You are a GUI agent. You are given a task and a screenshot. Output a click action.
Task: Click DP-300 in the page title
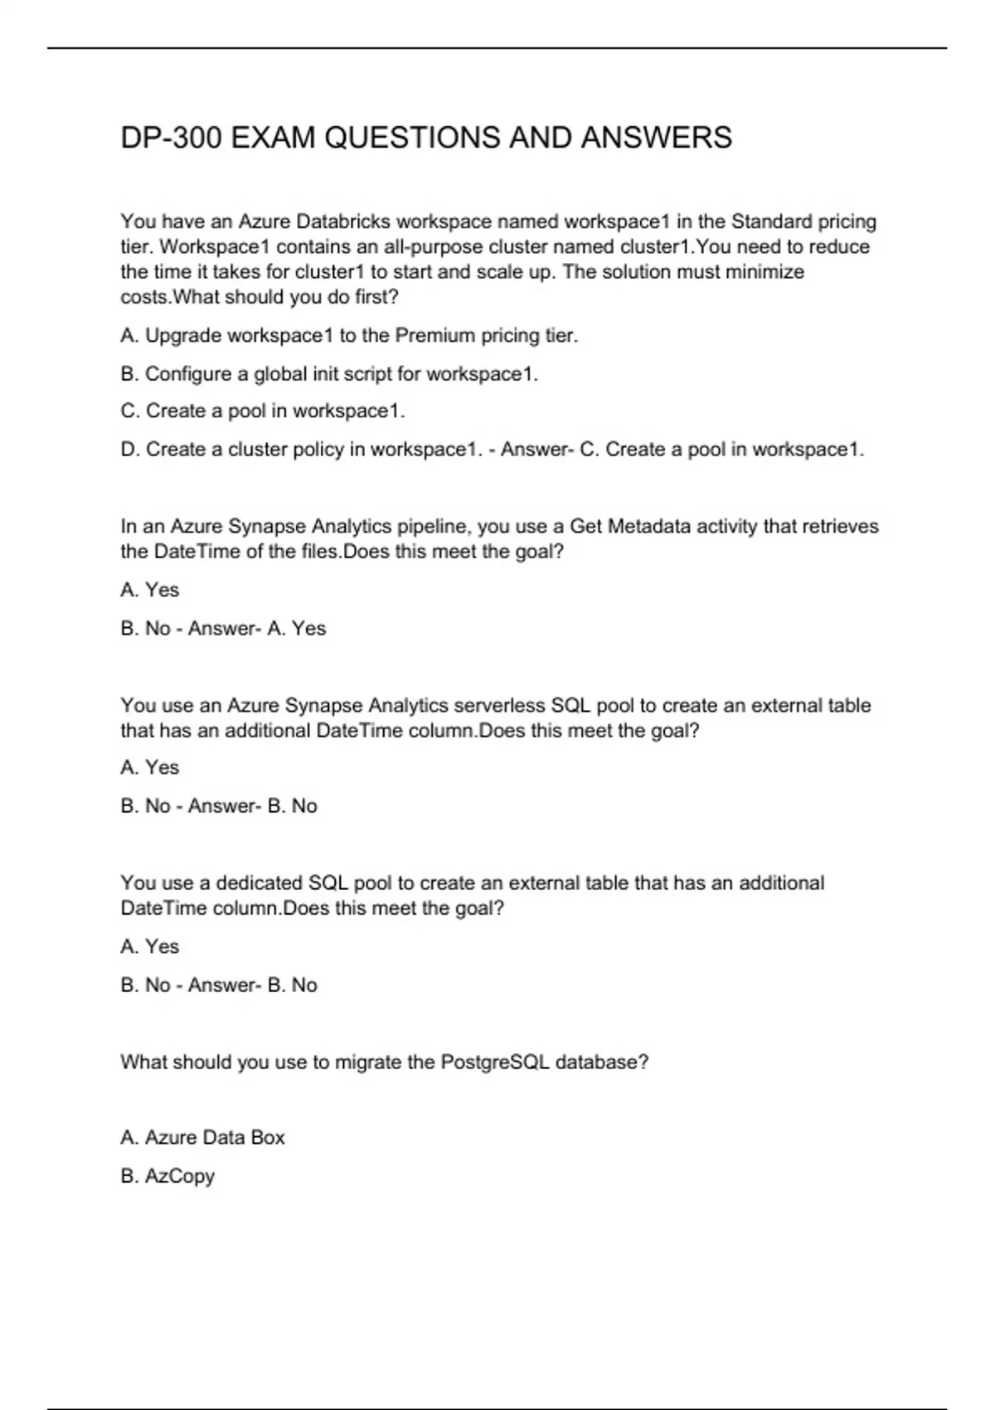pyautogui.click(x=171, y=138)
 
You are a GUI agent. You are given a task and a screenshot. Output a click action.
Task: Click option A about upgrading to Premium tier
pyautogui.click(x=349, y=336)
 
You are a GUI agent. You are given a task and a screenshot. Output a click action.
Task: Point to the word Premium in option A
pyautogui.click(x=435, y=336)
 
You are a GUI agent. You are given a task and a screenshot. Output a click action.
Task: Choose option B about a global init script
pyautogui.click(x=329, y=374)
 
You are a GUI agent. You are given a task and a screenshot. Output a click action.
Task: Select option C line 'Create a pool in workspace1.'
pyautogui.click(x=263, y=411)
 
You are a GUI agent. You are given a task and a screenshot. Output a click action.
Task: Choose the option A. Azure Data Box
pyautogui.click(x=202, y=1138)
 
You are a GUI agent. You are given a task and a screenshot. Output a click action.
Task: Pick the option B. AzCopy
pyautogui.click(x=167, y=1176)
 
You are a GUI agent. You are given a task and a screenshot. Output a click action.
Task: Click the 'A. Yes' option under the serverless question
pyautogui.click(x=150, y=768)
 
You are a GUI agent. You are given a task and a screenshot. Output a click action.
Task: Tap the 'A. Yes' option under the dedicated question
pyautogui.click(x=150, y=947)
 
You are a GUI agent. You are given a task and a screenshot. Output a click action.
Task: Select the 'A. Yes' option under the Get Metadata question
pyautogui.click(x=150, y=591)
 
